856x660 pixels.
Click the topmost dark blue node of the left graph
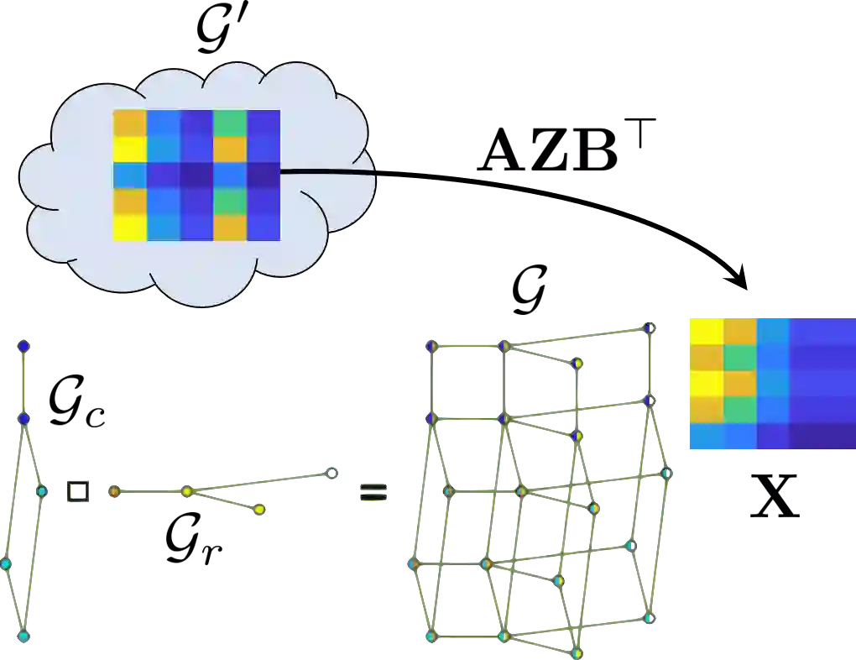[23, 346]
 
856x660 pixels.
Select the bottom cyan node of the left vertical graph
[23, 636]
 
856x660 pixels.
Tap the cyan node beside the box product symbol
[42, 490]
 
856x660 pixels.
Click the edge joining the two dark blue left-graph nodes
[23, 382]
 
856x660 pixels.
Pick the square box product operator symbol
[80, 490]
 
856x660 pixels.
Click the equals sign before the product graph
[373, 493]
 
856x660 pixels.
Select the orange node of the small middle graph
[114, 492]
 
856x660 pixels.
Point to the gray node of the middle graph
[331, 474]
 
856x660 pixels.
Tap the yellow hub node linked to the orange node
[187, 491]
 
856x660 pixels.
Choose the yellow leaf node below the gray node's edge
[259, 509]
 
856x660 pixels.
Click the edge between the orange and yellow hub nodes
[151, 492]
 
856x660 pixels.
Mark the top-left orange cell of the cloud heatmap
[130, 123]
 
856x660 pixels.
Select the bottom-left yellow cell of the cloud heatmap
[130, 228]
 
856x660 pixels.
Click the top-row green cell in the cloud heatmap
[230, 123]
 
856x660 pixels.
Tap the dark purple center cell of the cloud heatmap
[196, 175]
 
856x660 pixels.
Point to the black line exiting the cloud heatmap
[327, 173]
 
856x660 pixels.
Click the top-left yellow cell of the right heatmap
[705, 330]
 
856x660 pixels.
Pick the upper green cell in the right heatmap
[739, 357]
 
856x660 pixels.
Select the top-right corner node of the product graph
[648, 328]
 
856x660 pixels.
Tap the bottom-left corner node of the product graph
[431, 636]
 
